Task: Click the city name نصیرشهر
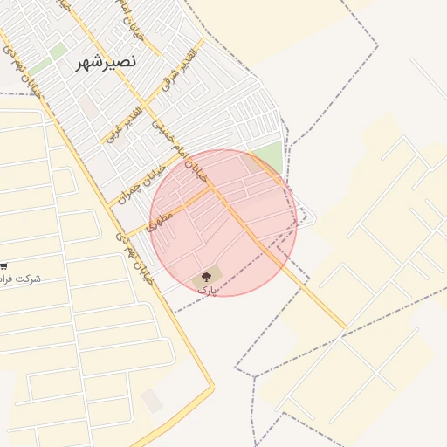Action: click(107, 63)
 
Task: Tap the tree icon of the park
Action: click(207, 276)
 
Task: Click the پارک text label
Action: click(205, 289)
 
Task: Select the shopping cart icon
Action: click(3, 265)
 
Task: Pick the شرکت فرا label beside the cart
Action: click(21, 279)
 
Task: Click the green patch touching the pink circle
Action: click(270, 157)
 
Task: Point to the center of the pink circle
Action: click(223, 223)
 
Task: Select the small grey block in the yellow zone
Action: click(152, 401)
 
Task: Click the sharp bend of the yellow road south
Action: click(210, 387)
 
